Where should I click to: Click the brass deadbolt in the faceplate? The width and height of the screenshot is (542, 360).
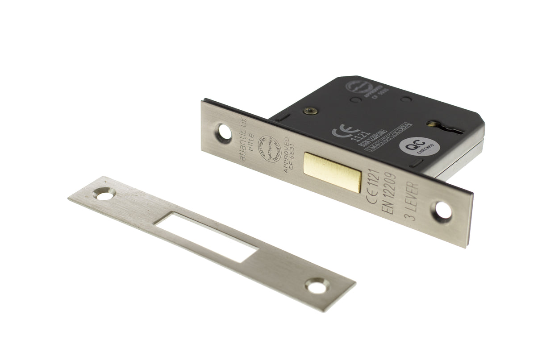pyautogui.click(x=333, y=171)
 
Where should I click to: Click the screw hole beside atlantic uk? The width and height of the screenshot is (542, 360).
pyautogui.click(x=224, y=132)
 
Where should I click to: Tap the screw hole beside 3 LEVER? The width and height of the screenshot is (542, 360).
pyautogui.click(x=443, y=211)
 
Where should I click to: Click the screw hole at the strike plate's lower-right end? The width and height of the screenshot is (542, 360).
pyautogui.click(x=317, y=286)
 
